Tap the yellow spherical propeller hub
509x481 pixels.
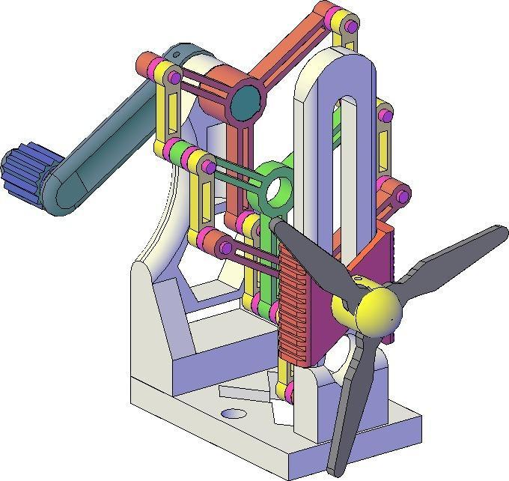(x=379, y=311)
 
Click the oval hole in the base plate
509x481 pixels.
(x=234, y=414)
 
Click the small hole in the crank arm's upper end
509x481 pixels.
(x=174, y=55)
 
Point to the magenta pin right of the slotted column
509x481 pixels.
(x=385, y=115)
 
